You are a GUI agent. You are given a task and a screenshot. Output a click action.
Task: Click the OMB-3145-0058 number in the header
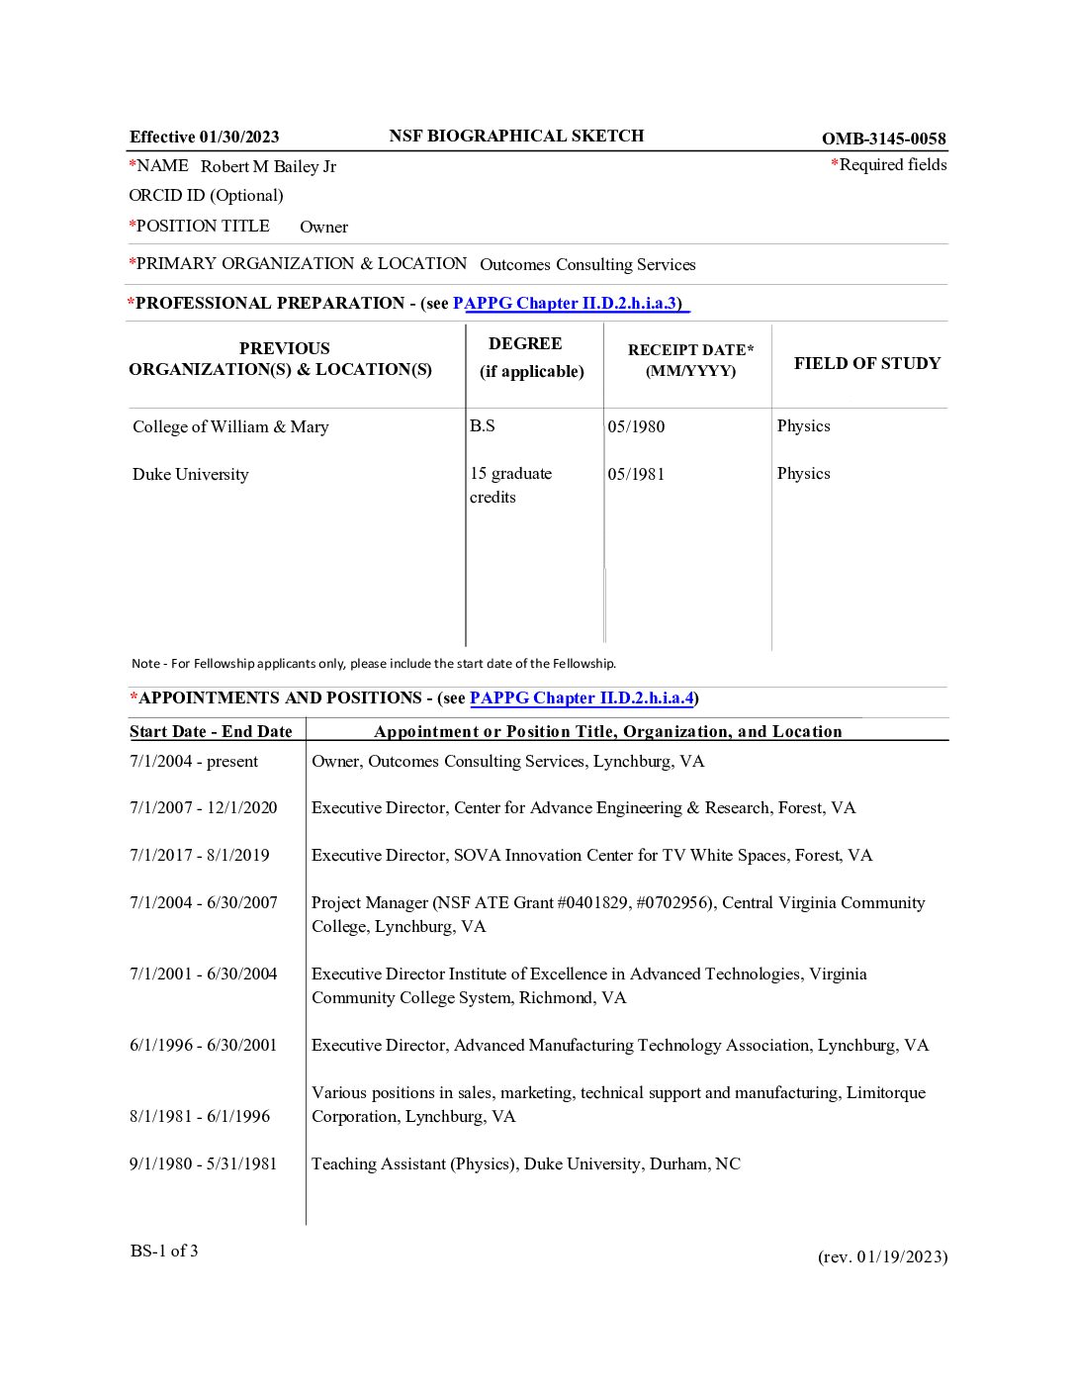click(x=883, y=139)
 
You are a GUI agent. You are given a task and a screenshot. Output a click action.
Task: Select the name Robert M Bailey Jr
click(x=268, y=166)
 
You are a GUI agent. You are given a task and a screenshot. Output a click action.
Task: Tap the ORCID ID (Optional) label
click(x=206, y=196)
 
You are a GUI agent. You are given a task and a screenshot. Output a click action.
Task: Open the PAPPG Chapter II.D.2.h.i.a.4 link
click(x=582, y=698)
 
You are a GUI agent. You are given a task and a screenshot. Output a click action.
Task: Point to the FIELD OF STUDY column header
click(x=866, y=363)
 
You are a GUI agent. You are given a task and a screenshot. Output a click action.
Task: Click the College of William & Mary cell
click(x=230, y=427)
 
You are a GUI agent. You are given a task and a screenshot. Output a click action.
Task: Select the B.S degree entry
click(x=483, y=426)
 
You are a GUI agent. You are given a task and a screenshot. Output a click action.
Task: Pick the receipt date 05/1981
click(x=636, y=475)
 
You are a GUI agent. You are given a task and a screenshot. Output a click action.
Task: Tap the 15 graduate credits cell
click(x=510, y=485)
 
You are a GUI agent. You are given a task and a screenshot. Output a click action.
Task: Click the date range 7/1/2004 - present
click(x=194, y=762)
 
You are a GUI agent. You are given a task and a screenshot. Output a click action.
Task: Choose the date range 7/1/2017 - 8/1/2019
click(x=200, y=856)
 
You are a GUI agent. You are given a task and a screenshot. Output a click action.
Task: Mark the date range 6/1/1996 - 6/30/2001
click(x=204, y=1046)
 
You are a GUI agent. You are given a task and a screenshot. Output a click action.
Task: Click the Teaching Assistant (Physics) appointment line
click(x=526, y=1164)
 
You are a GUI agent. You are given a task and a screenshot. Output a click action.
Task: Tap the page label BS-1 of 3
click(x=164, y=1252)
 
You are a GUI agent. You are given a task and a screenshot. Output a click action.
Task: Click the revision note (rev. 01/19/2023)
click(x=882, y=1257)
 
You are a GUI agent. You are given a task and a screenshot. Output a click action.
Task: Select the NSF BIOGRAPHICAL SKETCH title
click(x=516, y=137)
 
